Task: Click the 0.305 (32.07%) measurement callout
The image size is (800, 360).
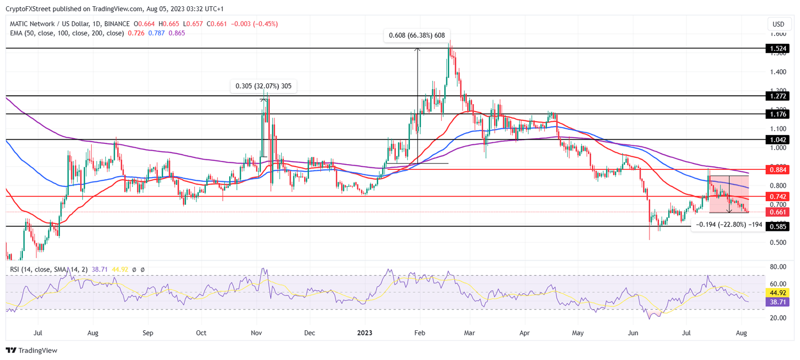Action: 264,86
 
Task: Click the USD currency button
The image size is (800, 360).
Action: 778,24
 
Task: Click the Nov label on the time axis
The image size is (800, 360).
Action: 256,332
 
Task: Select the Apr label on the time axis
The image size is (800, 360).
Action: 524,332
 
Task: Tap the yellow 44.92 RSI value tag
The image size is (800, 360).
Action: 778,293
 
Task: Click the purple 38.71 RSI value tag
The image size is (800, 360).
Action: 778,302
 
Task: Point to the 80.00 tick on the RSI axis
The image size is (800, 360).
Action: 778,267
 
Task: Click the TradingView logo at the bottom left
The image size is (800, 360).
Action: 31,351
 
